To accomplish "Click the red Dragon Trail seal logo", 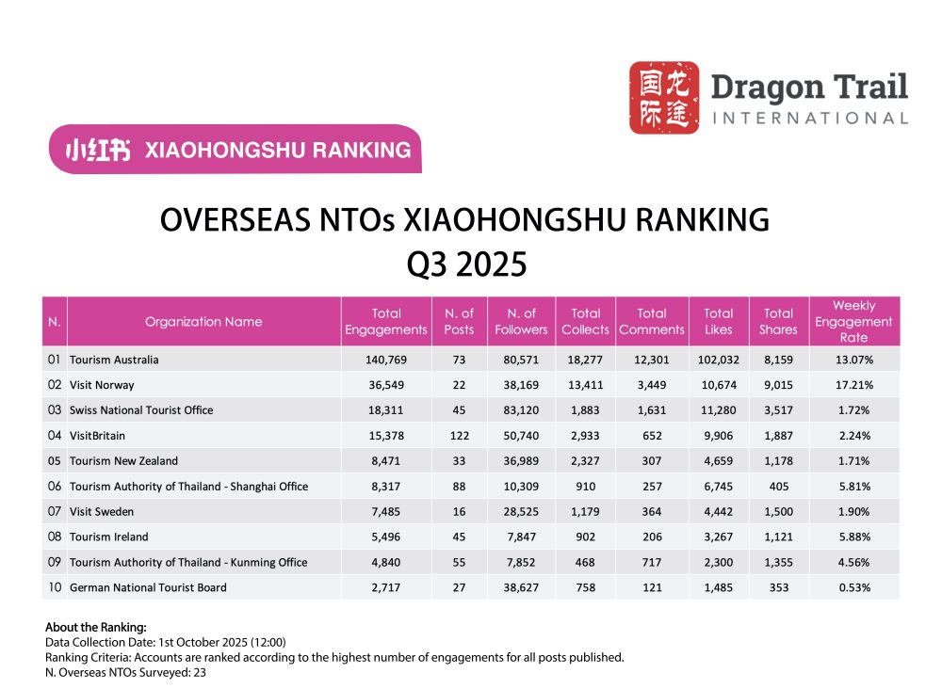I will tap(664, 98).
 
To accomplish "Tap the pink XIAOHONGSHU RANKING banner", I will tap(235, 150).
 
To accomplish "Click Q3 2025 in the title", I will tap(465, 264).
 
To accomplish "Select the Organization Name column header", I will tap(203, 322).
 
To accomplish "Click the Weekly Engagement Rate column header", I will tap(853, 322).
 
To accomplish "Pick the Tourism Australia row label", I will tap(114, 360).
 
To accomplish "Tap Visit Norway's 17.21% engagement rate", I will tap(853, 385).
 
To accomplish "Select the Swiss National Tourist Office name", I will tap(141, 410).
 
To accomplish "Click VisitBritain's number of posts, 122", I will tap(459, 436).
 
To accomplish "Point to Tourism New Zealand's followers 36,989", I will tap(521, 461).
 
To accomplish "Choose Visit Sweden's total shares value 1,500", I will tap(778, 511).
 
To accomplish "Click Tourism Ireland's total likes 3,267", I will tap(718, 537).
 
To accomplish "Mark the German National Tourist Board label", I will tap(148, 587).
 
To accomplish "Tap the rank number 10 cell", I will tap(55, 587).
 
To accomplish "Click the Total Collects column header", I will tap(585, 322).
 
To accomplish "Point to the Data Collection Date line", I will tap(165, 642).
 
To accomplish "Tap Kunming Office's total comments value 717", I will tap(651, 562).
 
